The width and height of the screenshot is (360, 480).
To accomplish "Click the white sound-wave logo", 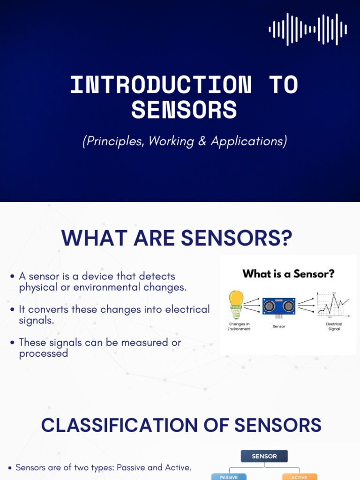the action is pyautogui.click(x=308, y=30).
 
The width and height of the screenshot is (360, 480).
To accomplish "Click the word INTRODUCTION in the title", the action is pyautogui.click(x=161, y=85).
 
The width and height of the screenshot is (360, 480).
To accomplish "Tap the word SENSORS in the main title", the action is pyautogui.click(x=184, y=110).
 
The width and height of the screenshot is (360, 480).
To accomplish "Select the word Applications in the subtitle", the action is pyautogui.click(x=249, y=141).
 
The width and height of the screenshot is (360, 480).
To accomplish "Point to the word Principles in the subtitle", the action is pyautogui.click(x=113, y=141).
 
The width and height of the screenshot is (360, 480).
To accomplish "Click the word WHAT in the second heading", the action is pyautogui.click(x=94, y=238).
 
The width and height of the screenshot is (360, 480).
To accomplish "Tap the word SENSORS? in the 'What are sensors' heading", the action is pyautogui.click(x=236, y=238).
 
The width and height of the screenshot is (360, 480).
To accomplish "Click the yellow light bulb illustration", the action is pyautogui.click(x=236, y=305).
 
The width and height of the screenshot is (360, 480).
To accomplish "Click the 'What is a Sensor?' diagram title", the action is pyautogui.click(x=288, y=274).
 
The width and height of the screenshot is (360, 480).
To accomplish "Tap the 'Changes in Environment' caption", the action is pyautogui.click(x=239, y=326).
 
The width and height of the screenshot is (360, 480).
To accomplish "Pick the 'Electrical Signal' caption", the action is pyautogui.click(x=334, y=326).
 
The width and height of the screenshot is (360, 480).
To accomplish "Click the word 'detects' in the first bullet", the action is pyautogui.click(x=157, y=276).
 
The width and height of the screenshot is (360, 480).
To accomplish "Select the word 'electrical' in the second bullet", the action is pyautogui.click(x=187, y=309).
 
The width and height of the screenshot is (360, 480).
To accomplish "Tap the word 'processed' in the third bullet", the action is pyautogui.click(x=44, y=353).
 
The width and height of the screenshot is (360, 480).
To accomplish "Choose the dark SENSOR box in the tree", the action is pyautogui.click(x=264, y=456).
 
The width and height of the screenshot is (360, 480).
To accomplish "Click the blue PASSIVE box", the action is pyautogui.click(x=229, y=477).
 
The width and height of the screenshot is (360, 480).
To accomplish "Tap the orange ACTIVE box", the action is pyautogui.click(x=299, y=477).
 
